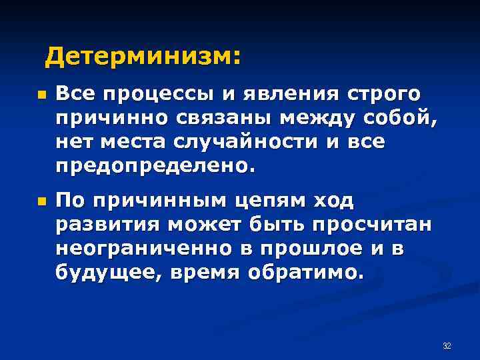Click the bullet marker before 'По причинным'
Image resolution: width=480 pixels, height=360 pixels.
point(41,201)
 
